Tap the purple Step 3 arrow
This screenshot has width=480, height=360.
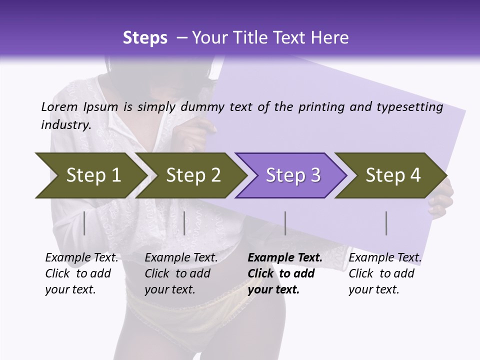293,175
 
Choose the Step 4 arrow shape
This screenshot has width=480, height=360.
393,175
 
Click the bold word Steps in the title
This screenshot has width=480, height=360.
145,38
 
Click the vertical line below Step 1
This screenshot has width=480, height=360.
84,223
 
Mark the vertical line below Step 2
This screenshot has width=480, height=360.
184,223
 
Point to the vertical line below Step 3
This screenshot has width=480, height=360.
285,223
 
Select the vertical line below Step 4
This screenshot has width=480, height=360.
386,223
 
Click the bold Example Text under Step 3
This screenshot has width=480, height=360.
285,257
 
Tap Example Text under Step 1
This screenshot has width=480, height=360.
81,257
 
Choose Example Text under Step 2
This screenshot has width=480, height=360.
181,257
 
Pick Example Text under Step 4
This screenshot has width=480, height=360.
385,257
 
